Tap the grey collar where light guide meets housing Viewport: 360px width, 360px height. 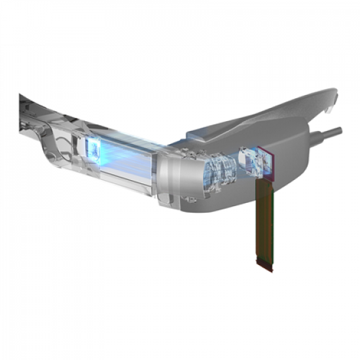(x=167, y=173)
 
